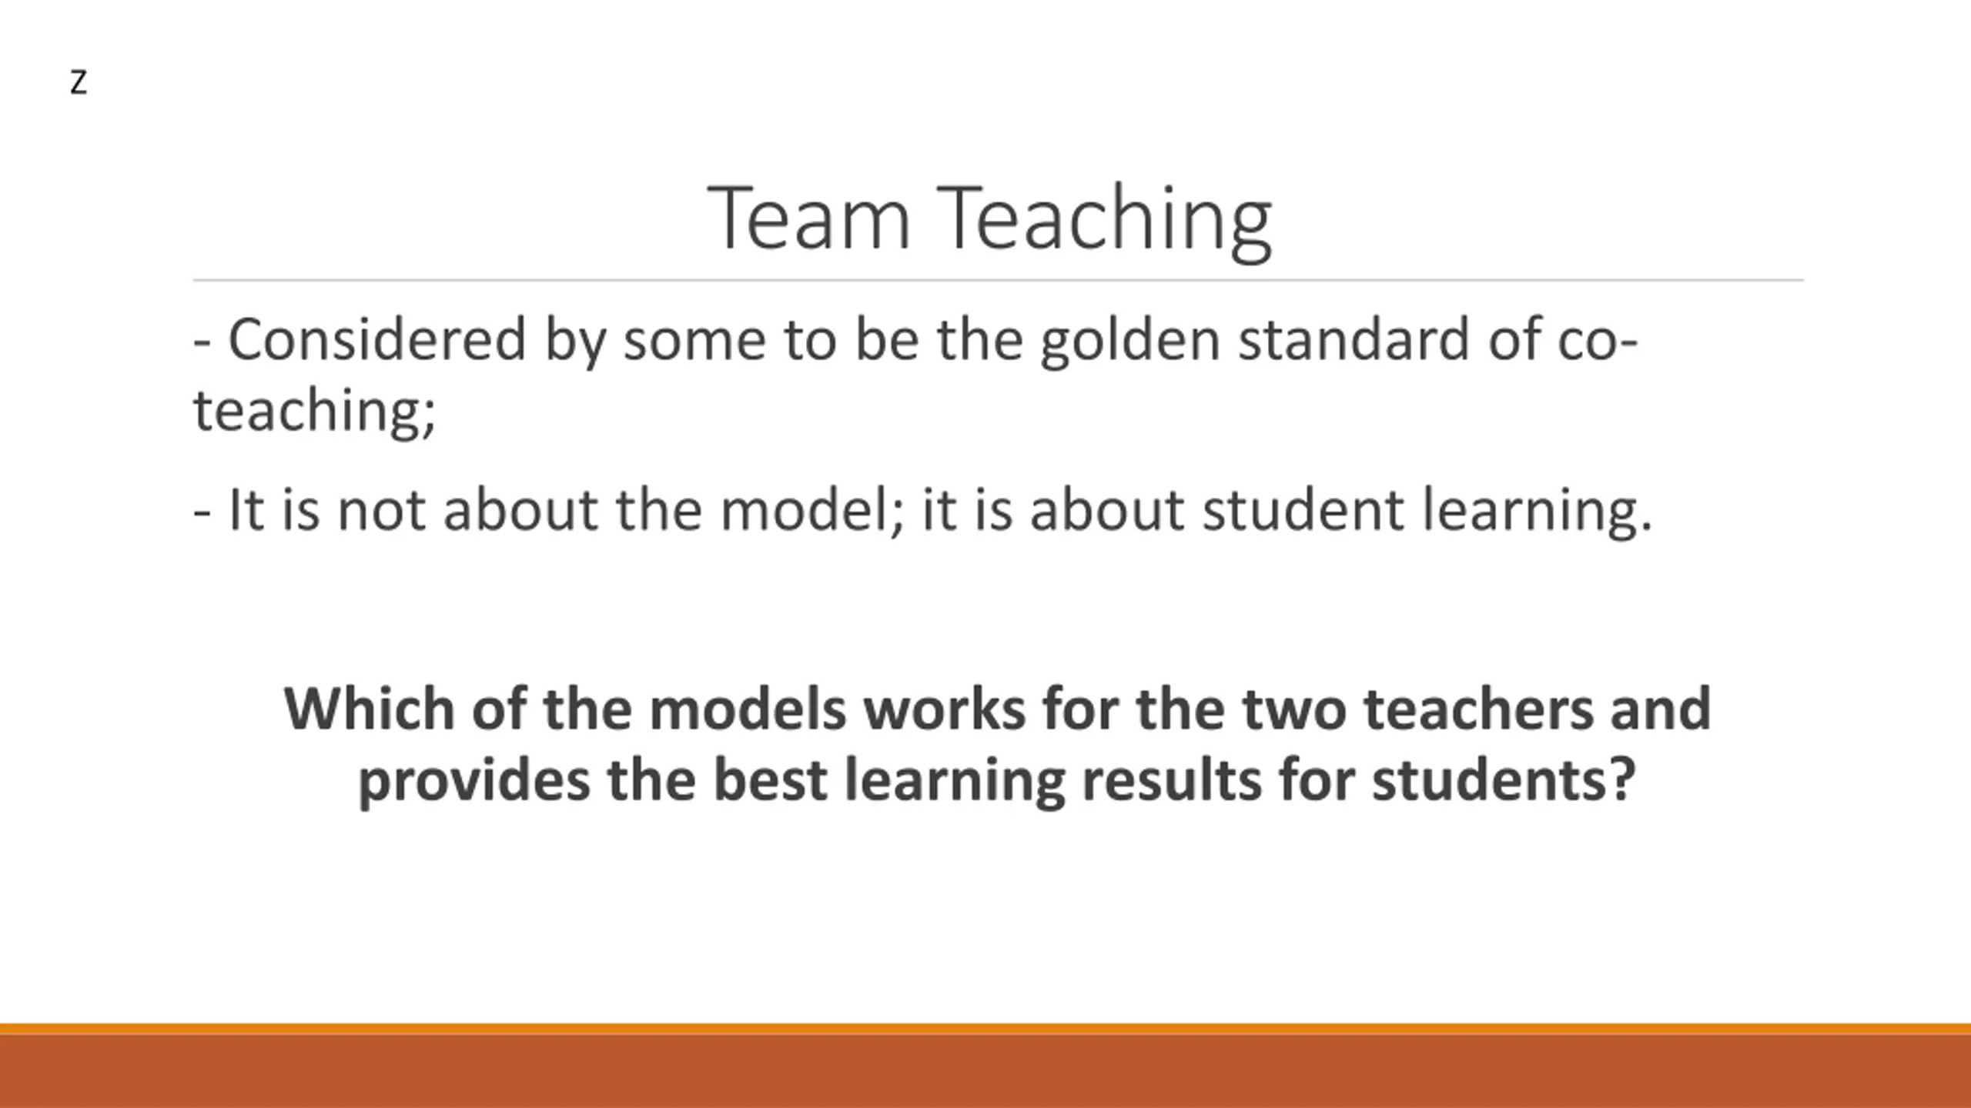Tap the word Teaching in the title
click(x=1104, y=223)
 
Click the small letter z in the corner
click(x=79, y=83)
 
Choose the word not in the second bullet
click(x=382, y=511)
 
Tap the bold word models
click(x=748, y=709)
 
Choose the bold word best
click(x=770, y=780)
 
